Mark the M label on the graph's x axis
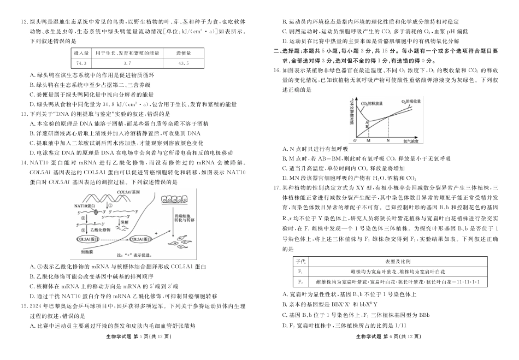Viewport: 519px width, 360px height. [x=369, y=140]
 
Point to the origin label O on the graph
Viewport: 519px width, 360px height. [x=355, y=140]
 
